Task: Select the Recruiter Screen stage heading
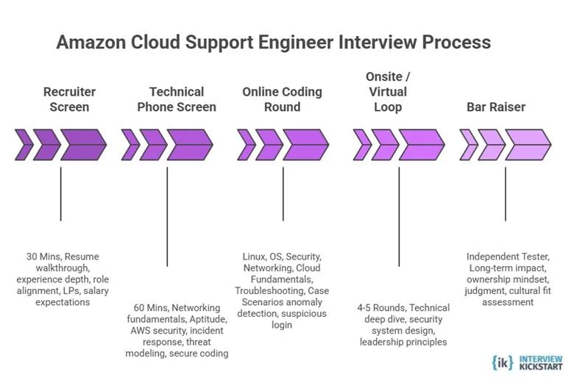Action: coord(69,99)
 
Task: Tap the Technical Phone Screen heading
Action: coord(177,99)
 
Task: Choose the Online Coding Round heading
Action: coord(282,99)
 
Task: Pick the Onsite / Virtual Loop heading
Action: coord(388,92)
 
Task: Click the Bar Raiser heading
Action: coord(496,107)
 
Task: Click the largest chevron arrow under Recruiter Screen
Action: coord(83,145)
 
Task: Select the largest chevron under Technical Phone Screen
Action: coord(189,145)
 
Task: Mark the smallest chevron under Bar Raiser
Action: coord(467,145)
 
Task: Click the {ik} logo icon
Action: coord(503,362)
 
